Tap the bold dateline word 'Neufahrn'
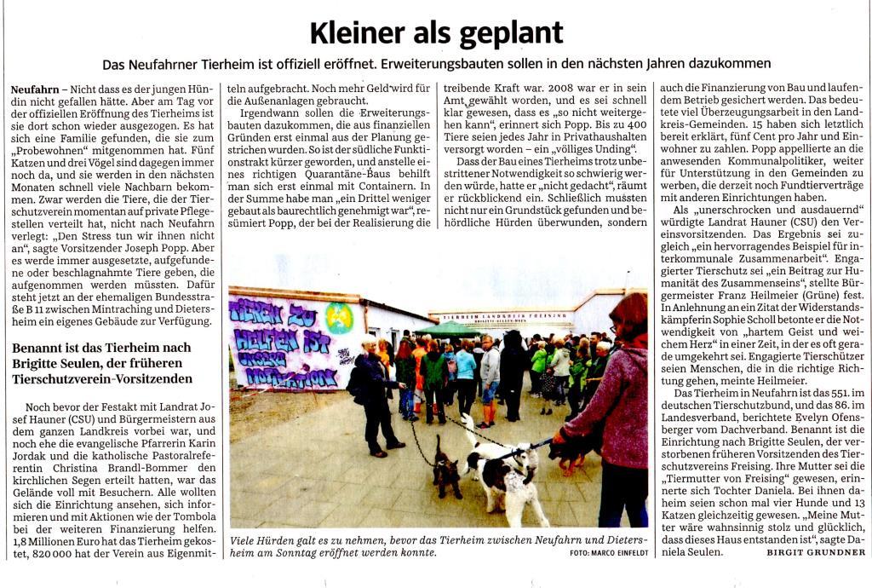point(35,89)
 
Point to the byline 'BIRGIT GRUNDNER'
point(815,552)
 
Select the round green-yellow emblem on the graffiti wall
point(338,317)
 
